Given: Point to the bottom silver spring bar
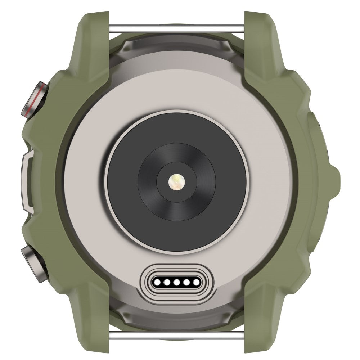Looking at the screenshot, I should tap(176, 336).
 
